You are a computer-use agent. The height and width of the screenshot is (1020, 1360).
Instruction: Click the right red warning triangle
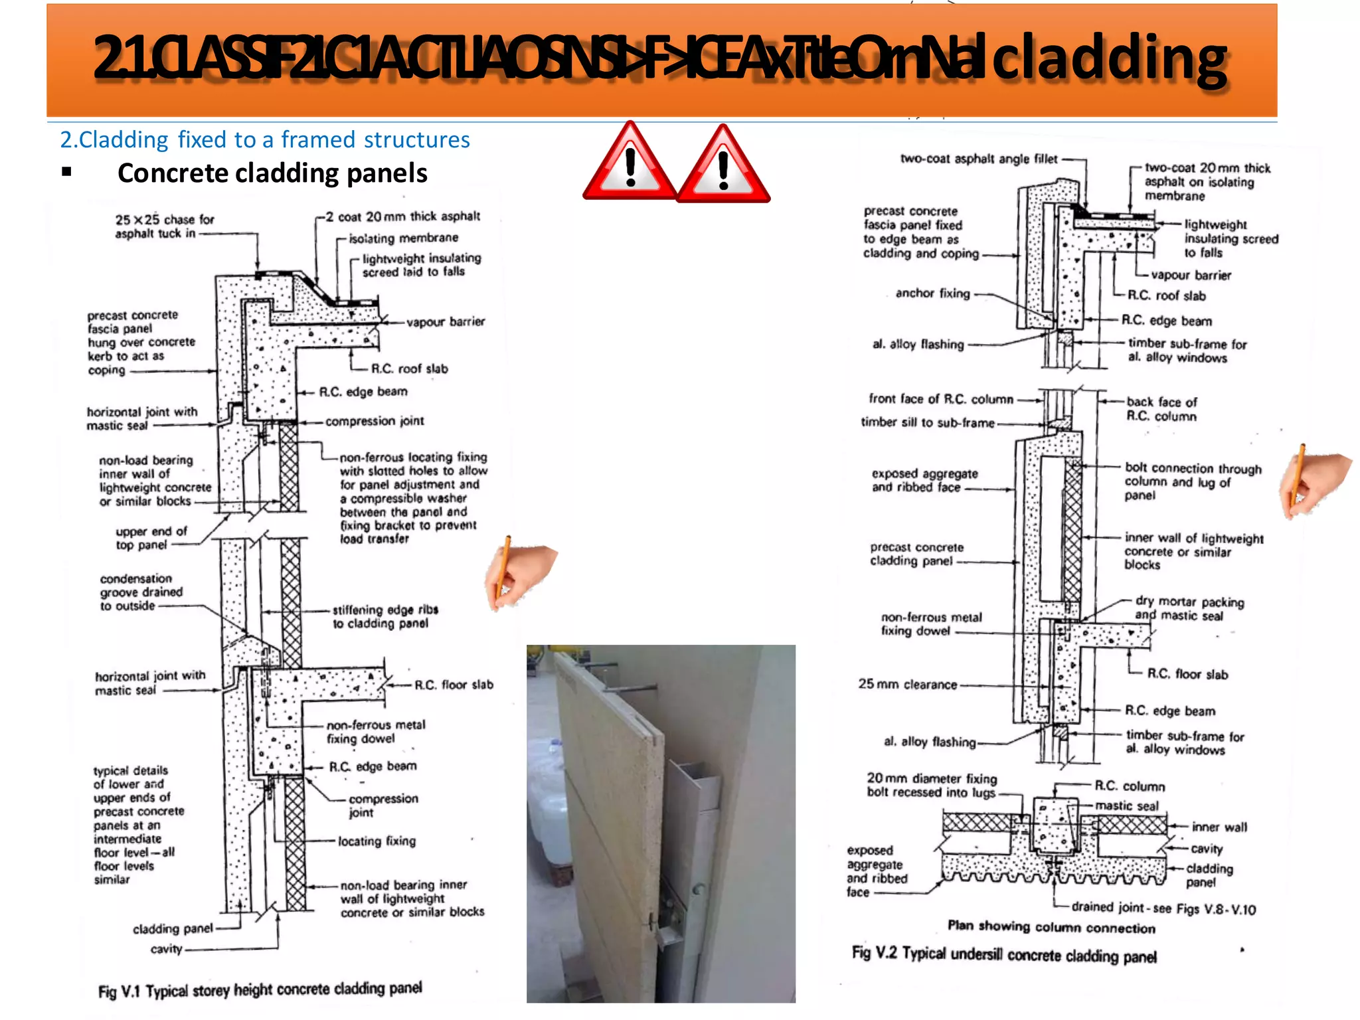click(x=723, y=165)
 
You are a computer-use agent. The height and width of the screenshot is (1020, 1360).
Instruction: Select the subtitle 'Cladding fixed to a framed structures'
click(x=265, y=140)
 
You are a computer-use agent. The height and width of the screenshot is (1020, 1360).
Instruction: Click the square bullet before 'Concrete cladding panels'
click(x=66, y=173)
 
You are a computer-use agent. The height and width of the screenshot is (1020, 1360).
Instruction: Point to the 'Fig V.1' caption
click(x=260, y=989)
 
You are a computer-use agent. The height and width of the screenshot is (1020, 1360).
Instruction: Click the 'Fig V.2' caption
click(x=1004, y=954)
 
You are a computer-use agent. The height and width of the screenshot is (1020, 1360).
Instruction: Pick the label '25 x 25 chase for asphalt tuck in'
click(x=164, y=226)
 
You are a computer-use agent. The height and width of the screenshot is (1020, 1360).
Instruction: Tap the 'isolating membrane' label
click(x=403, y=238)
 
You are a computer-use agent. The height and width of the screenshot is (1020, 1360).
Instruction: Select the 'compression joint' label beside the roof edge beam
click(x=375, y=421)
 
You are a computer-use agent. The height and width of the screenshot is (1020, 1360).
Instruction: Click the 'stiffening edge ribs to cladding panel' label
click(x=385, y=616)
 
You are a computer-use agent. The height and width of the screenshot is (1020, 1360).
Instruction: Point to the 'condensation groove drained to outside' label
click(x=141, y=592)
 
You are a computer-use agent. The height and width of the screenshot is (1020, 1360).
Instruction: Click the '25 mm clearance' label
click(x=907, y=684)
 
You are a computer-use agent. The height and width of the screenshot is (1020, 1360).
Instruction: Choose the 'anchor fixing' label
click(x=932, y=293)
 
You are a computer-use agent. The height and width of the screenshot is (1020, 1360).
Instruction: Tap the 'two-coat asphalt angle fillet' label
click(x=978, y=159)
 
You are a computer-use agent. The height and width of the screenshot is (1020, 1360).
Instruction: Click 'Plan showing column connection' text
click(x=1051, y=926)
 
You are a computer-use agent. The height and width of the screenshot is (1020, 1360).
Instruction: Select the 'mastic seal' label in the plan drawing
click(x=1126, y=806)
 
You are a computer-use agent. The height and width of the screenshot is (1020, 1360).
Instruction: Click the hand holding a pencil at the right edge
click(x=1313, y=481)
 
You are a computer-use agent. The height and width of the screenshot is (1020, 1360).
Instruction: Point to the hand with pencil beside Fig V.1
click(x=520, y=572)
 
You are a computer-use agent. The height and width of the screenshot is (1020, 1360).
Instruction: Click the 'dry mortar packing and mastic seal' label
click(x=1189, y=608)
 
